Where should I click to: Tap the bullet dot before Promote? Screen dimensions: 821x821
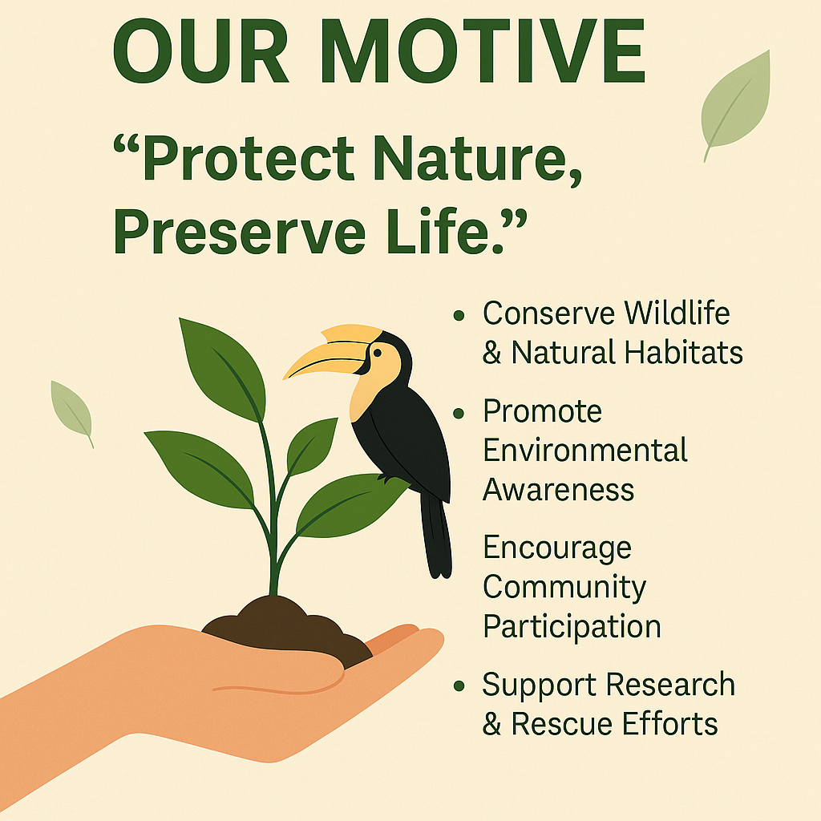(x=459, y=414)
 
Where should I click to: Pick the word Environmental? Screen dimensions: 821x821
(x=585, y=451)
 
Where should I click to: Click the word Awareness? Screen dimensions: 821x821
(x=558, y=489)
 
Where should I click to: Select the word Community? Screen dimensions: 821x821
(x=564, y=588)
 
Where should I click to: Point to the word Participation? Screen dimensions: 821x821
(x=572, y=626)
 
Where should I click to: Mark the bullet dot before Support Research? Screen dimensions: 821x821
(x=459, y=686)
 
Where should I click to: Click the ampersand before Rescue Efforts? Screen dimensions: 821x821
(x=491, y=725)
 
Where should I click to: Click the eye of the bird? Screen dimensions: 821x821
(x=376, y=351)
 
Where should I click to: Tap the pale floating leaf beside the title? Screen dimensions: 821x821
(x=735, y=102)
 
